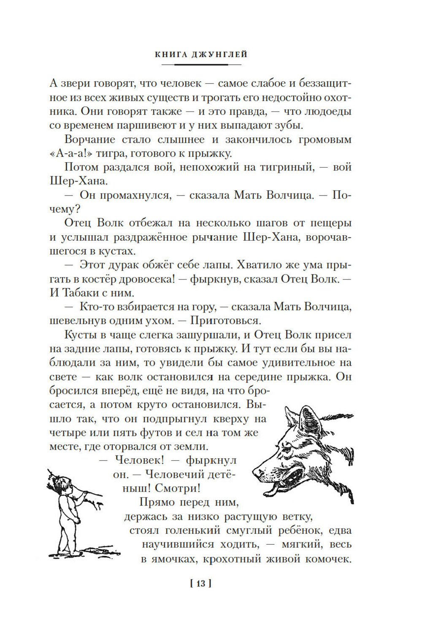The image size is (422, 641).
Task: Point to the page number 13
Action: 200,584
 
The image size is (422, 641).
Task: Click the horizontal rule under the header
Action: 201,65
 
